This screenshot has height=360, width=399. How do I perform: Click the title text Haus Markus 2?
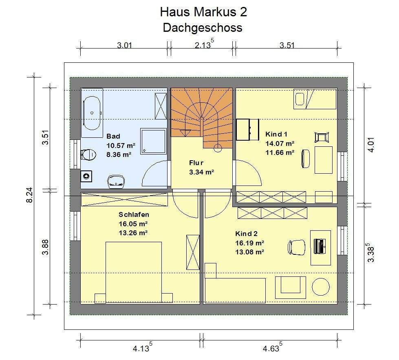(x=203, y=12)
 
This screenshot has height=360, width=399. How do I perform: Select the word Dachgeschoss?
(x=203, y=27)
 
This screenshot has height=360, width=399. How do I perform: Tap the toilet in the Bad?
(x=88, y=154)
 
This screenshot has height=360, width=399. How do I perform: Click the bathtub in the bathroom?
(x=92, y=113)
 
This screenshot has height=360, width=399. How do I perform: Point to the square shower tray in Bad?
(x=153, y=141)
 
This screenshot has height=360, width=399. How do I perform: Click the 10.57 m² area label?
(x=121, y=146)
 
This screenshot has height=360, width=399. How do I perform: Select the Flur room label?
(x=196, y=163)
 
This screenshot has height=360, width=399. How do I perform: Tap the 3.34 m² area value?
(x=201, y=172)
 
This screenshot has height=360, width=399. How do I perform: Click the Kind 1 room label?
(x=276, y=134)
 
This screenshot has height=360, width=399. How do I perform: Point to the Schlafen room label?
(x=134, y=214)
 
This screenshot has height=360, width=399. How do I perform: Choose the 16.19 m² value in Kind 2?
(x=249, y=243)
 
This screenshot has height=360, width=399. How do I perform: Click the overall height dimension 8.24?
(x=29, y=195)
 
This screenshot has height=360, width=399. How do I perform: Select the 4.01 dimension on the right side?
(x=371, y=145)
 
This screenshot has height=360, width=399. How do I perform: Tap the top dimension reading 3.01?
(x=124, y=45)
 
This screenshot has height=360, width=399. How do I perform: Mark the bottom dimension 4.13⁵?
(x=143, y=347)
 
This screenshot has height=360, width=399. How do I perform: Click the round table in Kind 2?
(x=321, y=287)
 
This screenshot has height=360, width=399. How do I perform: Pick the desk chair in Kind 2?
(x=296, y=247)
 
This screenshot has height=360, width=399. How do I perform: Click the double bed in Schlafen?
(x=134, y=272)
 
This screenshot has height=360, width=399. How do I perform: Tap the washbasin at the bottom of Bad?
(x=116, y=181)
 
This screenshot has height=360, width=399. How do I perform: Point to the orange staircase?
(x=201, y=118)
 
